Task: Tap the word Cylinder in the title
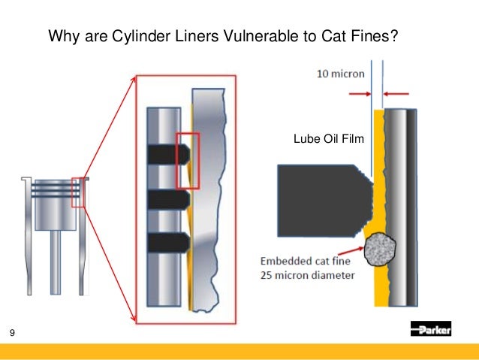[136, 35]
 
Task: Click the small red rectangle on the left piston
[78, 192]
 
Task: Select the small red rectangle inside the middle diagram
[187, 161]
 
